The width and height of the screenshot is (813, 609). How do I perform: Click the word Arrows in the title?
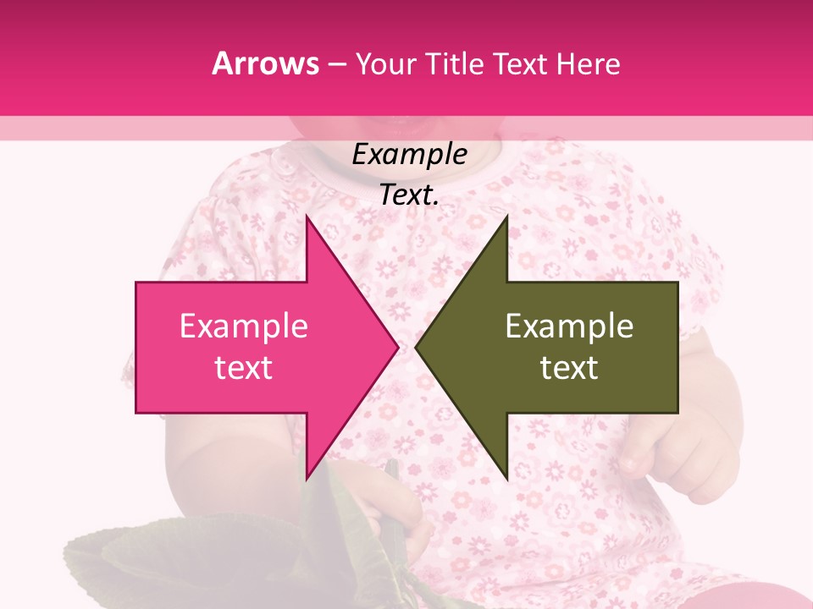click(266, 63)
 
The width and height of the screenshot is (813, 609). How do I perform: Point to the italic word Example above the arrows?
click(409, 154)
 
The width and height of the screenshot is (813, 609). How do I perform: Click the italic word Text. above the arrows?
click(409, 195)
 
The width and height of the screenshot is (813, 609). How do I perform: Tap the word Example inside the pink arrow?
click(244, 326)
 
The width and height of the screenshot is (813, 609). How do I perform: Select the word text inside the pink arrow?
click(244, 368)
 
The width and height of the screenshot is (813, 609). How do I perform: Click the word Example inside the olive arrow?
click(569, 326)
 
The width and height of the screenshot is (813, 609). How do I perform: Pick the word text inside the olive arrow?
click(569, 368)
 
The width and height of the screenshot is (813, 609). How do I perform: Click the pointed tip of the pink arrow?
click(395, 347)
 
